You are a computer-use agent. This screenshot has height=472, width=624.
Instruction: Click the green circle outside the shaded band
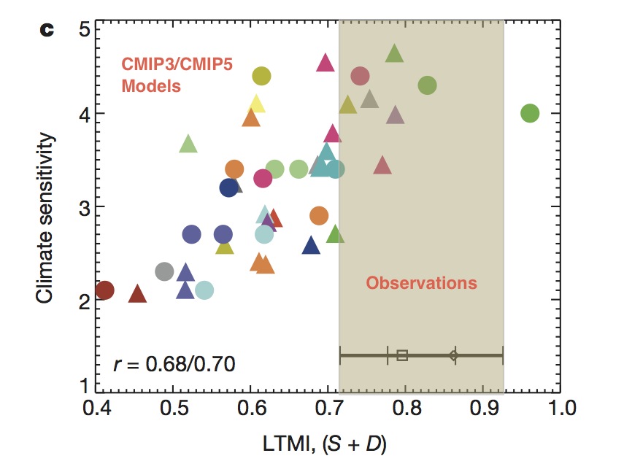tap(530, 114)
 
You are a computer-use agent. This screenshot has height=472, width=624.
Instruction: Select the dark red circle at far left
tap(105, 290)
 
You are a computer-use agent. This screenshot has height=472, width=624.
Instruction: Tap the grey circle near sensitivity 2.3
tap(165, 272)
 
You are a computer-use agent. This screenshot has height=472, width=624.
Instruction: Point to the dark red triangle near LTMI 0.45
tap(138, 294)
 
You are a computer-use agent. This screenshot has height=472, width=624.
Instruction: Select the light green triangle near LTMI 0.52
tap(188, 144)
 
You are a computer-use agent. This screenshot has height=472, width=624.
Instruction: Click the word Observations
tap(421, 283)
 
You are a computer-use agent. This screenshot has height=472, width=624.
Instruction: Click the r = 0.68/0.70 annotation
tap(174, 363)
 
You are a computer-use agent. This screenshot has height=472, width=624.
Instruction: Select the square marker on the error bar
tap(402, 355)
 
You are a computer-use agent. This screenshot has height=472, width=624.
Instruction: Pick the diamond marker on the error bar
tap(453, 355)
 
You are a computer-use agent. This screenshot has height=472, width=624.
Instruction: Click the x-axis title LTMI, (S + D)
tap(328, 442)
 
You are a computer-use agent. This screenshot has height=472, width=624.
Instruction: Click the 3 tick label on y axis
tap(84, 207)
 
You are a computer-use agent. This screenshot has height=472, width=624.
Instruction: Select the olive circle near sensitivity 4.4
tap(261, 76)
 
